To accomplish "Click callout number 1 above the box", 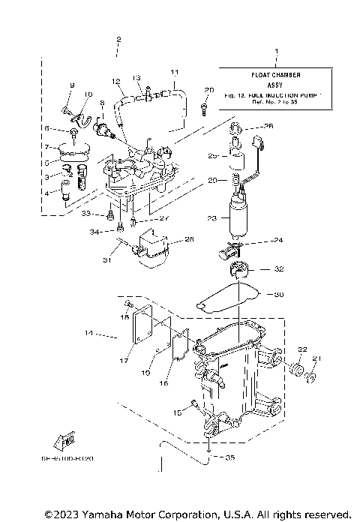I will (x=276, y=52).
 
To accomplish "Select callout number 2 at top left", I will (x=118, y=38).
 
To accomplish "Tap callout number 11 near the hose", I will (x=173, y=72).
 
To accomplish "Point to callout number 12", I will (x=116, y=80).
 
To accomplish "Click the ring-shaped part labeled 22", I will (x=296, y=371).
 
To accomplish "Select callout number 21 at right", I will (x=316, y=358).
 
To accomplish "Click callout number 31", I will (x=107, y=260).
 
